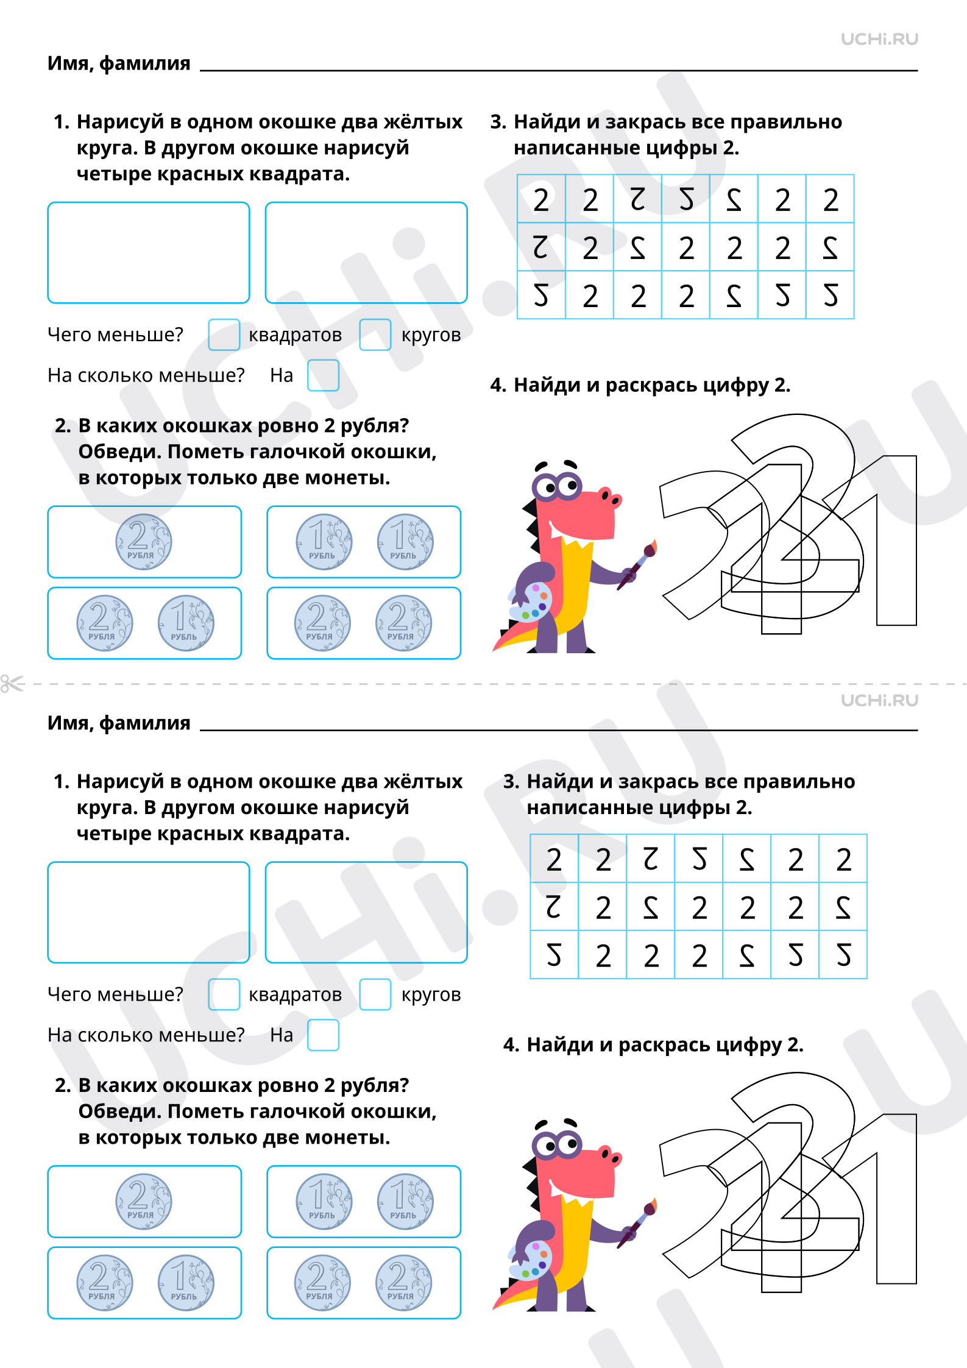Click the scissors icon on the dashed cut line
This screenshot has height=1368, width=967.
click(12, 684)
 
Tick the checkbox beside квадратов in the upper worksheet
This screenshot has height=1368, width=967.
click(224, 335)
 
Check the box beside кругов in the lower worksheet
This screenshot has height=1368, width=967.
click(375, 994)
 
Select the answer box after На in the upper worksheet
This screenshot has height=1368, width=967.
click(323, 375)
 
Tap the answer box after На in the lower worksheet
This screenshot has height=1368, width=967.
click(323, 1035)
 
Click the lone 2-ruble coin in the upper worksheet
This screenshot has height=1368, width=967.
click(144, 542)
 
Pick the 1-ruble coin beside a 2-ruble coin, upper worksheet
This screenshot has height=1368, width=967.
click(186, 623)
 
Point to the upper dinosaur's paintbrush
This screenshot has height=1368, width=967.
click(637, 564)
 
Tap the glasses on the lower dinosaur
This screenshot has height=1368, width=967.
click(557, 1145)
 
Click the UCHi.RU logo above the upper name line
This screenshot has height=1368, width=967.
click(879, 40)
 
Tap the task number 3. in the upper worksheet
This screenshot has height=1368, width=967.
click(498, 122)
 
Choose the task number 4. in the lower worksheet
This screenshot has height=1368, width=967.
click(511, 1045)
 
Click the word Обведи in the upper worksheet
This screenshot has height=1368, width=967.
click(119, 452)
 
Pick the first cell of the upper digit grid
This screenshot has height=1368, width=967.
click(541, 199)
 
